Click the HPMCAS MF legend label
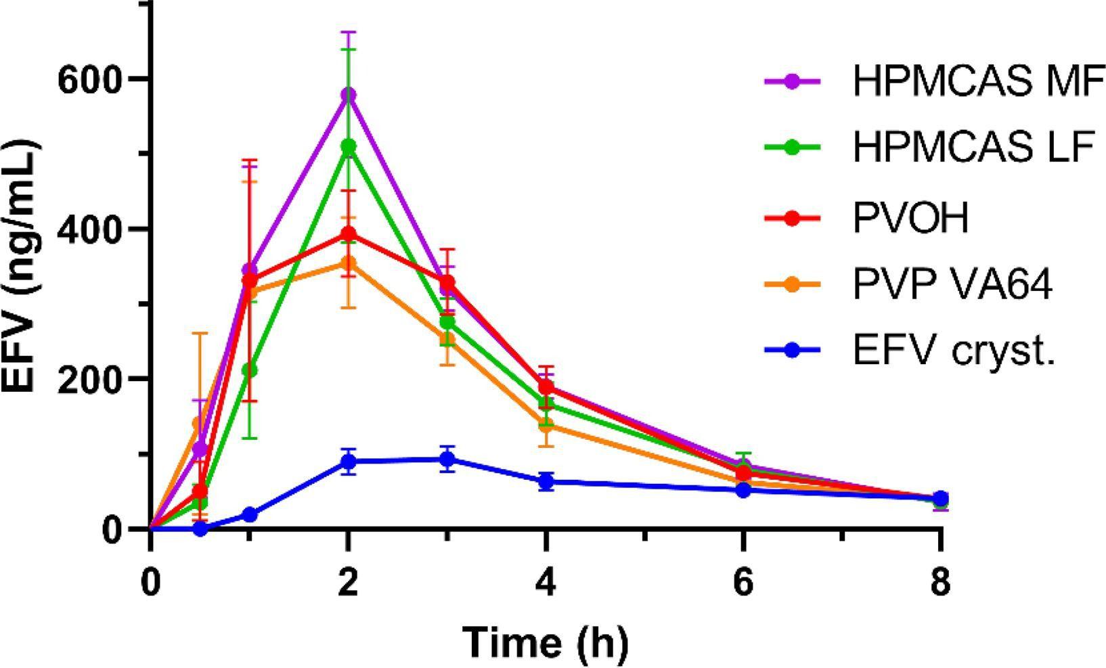pyautogui.click(x=975, y=81)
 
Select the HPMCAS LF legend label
pyautogui.click(x=973, y=148)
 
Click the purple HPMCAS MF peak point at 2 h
pyautogui.click(x=348, y=94)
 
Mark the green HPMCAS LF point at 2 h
pyautogui.click(x=348, y=146)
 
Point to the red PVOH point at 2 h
pyautogui.click(x=348, y=233)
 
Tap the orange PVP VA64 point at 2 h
pyautogui.click(x=348, y=263)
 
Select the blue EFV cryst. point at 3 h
pyautogui.click(x=447, y=460)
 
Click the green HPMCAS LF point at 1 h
pyautogui.click(x=249, y=370)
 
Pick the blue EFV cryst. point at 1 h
pyautogui.click(x=249, y=514)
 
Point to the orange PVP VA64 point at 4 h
pyautogui.click(x=546, y=425)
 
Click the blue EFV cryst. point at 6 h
pyautogui.click(x=743, y=489)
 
